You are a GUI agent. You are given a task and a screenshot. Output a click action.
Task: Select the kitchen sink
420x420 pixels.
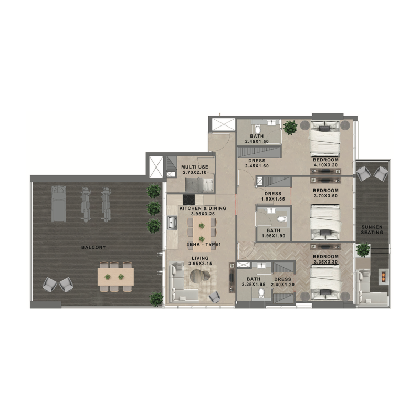pyautogui.click(x=172, y=224)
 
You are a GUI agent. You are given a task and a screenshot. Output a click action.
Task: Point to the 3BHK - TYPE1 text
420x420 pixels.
pyautogui.click(x=203, y=245)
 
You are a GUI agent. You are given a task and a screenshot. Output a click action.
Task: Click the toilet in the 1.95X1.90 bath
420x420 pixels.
pyautogui.click(x=281, y=218)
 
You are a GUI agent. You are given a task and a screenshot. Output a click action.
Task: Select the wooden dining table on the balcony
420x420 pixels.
pyautogui.click(x=115, y=276)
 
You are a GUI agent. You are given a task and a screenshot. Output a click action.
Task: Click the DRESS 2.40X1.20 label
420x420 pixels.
pyautogui.click(x=282, y=282)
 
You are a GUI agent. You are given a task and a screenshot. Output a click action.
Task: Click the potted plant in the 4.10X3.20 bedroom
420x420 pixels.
pyautogui.click(x=290, y=128)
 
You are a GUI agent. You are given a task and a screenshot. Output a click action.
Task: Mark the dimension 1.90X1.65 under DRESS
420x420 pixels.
pyautogui.click(x=272, y=199)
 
